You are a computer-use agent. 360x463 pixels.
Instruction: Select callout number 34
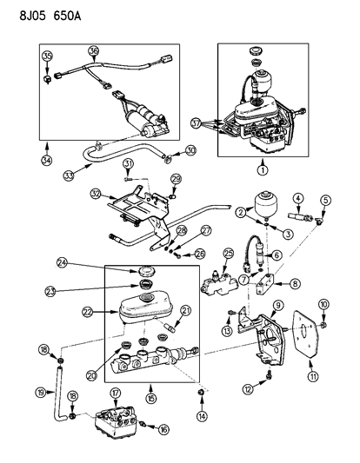45,160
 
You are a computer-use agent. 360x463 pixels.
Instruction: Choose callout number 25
229,253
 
